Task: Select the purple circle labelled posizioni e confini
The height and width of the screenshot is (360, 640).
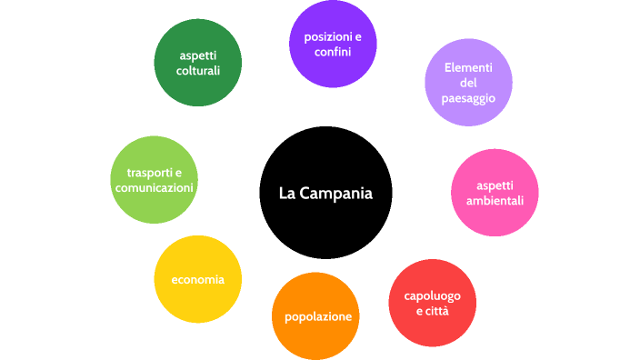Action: (x=333, y=44)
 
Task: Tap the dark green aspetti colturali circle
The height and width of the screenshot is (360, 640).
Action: (x=198, y=62)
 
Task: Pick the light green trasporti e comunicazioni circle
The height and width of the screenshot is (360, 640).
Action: (x=154, y=180)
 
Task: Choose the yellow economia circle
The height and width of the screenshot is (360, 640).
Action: (x=198, y=279)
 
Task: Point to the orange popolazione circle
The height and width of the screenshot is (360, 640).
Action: (x=317, y=315)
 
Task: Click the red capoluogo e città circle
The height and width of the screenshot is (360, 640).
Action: (x=432, y=303)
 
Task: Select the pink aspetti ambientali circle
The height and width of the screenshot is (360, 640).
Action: (x=495, y=193)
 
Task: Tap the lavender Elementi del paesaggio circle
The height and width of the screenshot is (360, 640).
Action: (x=468, y=83)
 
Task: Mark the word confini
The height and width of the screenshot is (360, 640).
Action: (x=333, y=52)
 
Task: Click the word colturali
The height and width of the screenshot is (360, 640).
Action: (x=198, y=70)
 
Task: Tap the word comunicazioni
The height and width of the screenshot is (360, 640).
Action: (x=154, y=187)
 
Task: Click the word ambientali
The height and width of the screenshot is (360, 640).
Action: (x=495, y=200)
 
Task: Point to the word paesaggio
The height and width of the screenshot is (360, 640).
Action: (x=468, y=97)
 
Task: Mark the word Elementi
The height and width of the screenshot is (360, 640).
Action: (x=468, y=68)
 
